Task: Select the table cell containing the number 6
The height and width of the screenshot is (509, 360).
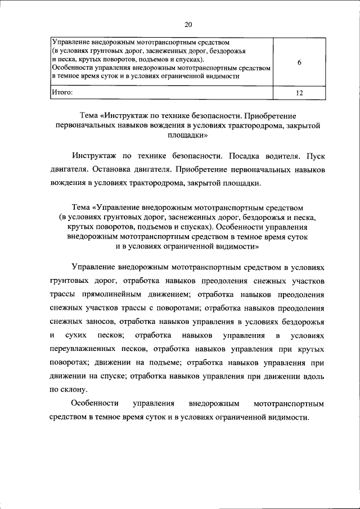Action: [x=299, y=63]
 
